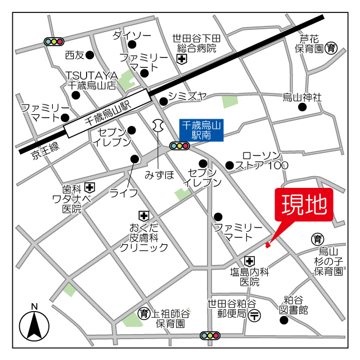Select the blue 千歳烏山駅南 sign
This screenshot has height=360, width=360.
pyautogui.click(x=201, y=130)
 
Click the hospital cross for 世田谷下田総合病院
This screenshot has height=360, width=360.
pyautogui.click(x=182, y=58)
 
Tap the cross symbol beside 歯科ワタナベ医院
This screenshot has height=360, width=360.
pyautogui.click(x=90, y=187)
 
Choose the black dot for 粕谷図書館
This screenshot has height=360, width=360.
pyautogui.click(x=284, y=321)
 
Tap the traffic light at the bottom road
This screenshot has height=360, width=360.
pyautogui.click(x=210, y=336)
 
